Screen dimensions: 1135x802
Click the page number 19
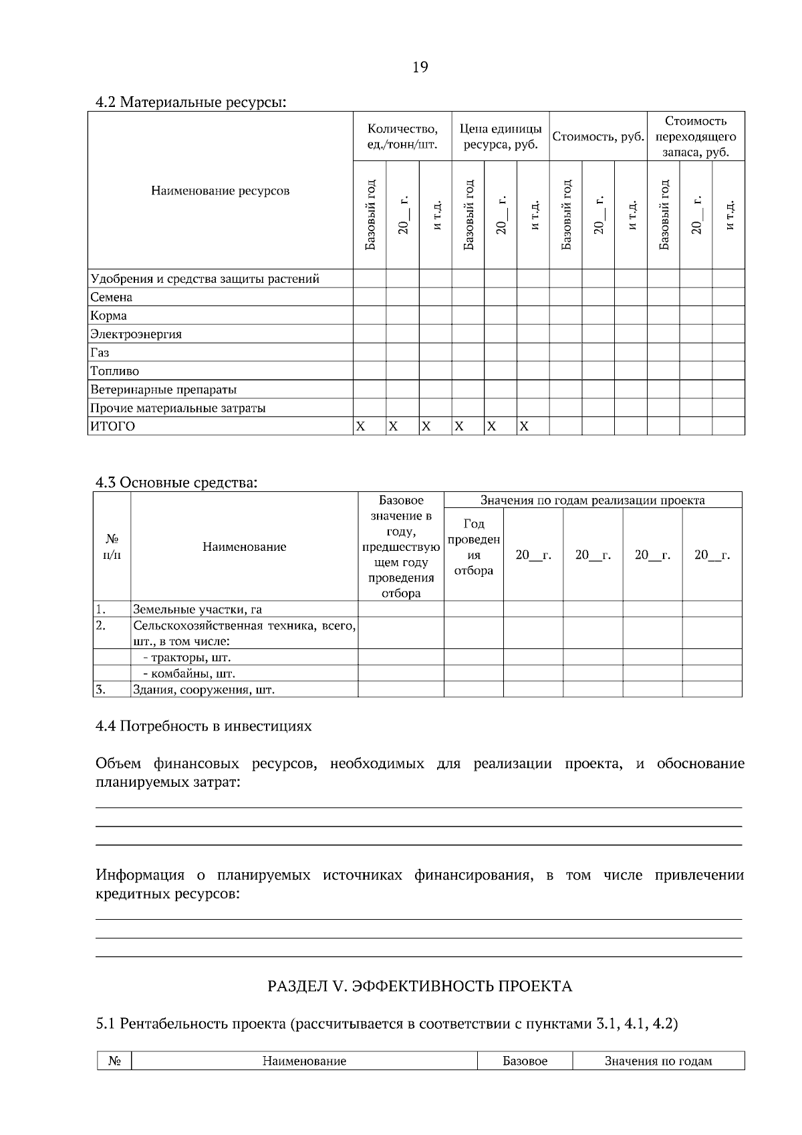(x=420, y=67)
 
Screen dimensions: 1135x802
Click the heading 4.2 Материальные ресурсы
(x=190, y=103)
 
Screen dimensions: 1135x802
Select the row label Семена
(x=112, y=297)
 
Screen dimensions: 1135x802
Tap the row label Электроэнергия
(x=136, y=334)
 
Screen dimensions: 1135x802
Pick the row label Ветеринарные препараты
(x=164, y=390)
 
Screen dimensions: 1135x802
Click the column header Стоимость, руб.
(x=597, y=137)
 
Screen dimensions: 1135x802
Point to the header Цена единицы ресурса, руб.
(x=501, y=137)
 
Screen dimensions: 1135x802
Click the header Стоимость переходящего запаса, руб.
(x=695, y=137)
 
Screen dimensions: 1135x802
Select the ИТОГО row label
(x=112, y=426)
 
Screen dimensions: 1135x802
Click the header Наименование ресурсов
(x=221, y=191)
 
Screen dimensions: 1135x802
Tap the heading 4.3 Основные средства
(x=176, y=483)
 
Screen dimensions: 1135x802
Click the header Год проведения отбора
(x=474, y=547)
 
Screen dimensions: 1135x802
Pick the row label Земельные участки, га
(x=197, y=609)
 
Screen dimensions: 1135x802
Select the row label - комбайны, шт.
(x=188, y=674)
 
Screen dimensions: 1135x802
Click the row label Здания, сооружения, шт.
(x=204, y=690)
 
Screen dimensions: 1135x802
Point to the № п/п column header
(x=112, y=547)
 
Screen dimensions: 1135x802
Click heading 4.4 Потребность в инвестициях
(x=203, y=726)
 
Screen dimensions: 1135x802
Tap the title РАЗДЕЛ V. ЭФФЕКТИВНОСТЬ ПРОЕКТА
(x=420, y=987)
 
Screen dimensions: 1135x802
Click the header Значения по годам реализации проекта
(x=592, y=500)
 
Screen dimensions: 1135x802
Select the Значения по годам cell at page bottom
(x=658, y=1061)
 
